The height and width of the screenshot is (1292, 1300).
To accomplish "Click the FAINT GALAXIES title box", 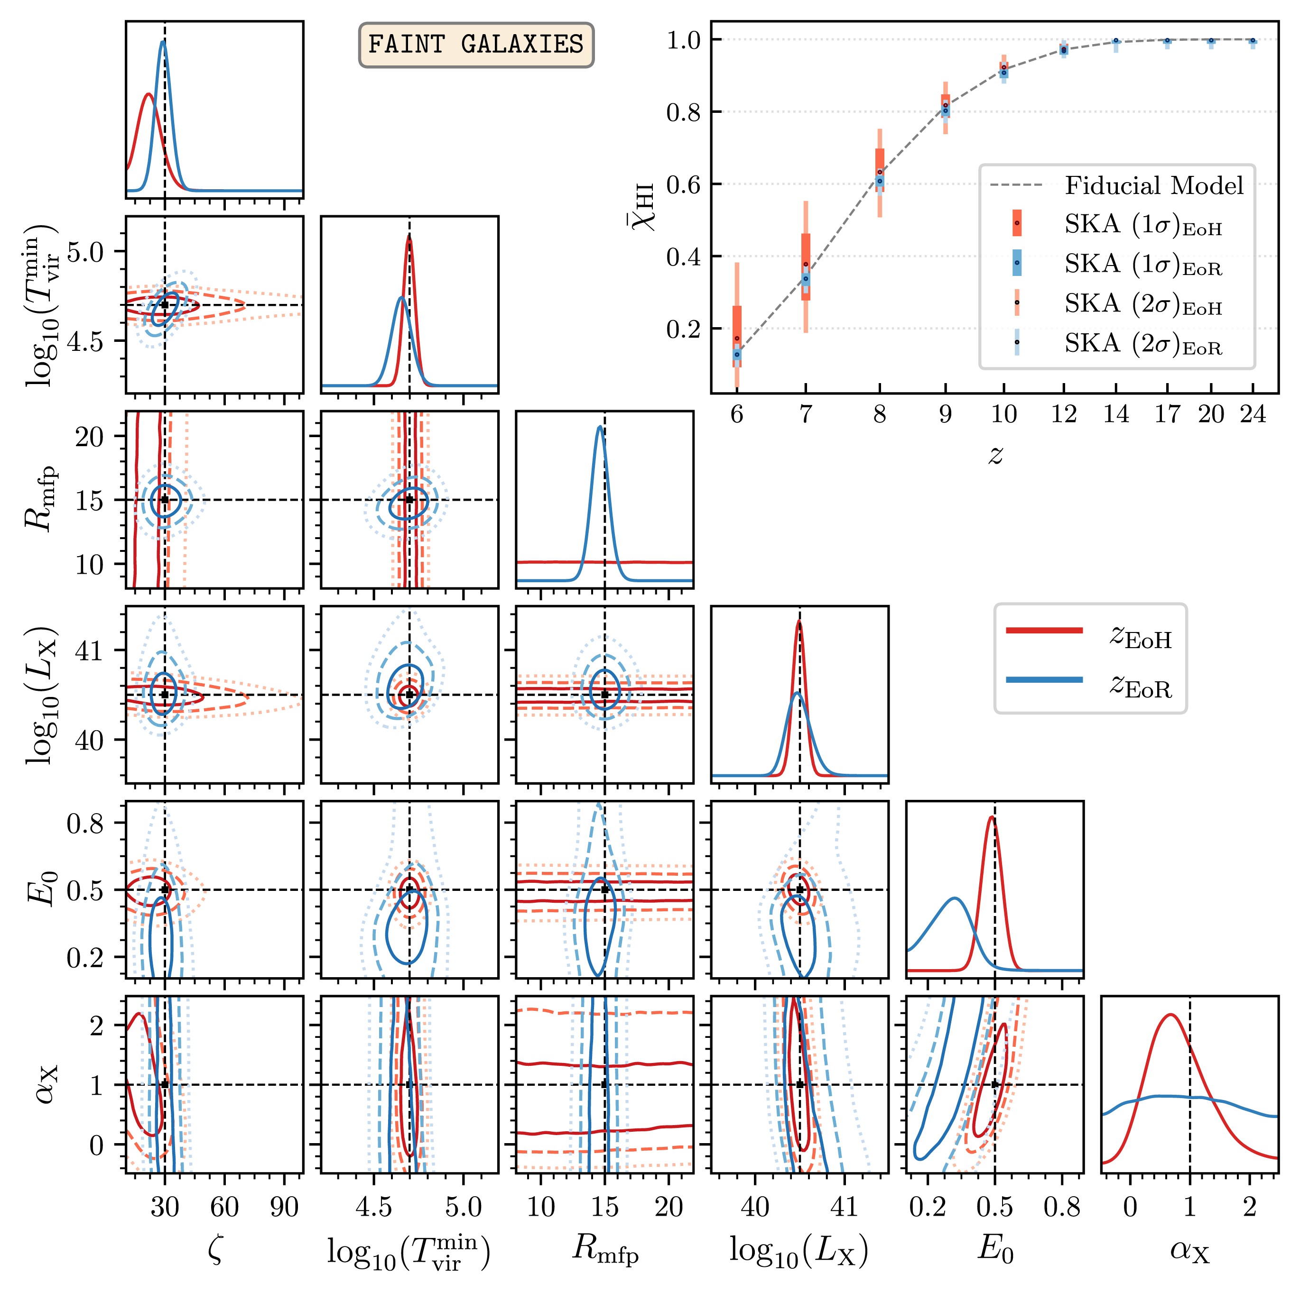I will [x=476, y=45].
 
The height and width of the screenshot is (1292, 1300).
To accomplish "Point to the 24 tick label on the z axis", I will [x=1253, y=414].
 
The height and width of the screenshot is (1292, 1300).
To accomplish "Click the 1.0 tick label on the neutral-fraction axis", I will [x=684, y=40].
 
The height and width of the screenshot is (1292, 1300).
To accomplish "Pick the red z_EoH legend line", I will [x=1044, y=630].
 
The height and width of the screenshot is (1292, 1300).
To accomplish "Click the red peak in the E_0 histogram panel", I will [x=991, y=817].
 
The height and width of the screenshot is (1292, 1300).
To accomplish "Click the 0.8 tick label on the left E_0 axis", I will [x=85, y=823].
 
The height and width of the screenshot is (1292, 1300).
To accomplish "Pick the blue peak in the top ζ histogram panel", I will [x=163, y=42].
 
